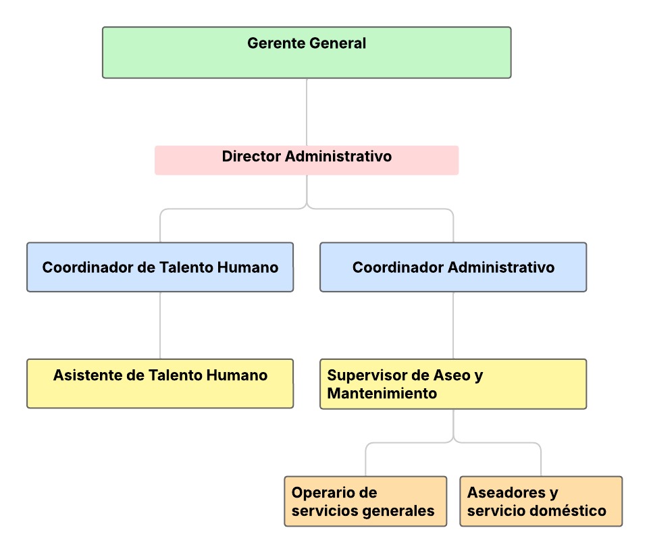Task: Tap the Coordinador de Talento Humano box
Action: point(160,267)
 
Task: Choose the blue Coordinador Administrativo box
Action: point(453,267)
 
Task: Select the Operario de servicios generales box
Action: point(365,502)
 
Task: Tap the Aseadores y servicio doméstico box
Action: point(541,502)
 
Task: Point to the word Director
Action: point(252,157)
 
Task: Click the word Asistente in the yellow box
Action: point(87,375)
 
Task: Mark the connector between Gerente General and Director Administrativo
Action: point(307,111)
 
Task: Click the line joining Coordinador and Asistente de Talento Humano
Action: point(160,325)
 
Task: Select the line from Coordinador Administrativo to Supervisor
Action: point(453,325)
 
